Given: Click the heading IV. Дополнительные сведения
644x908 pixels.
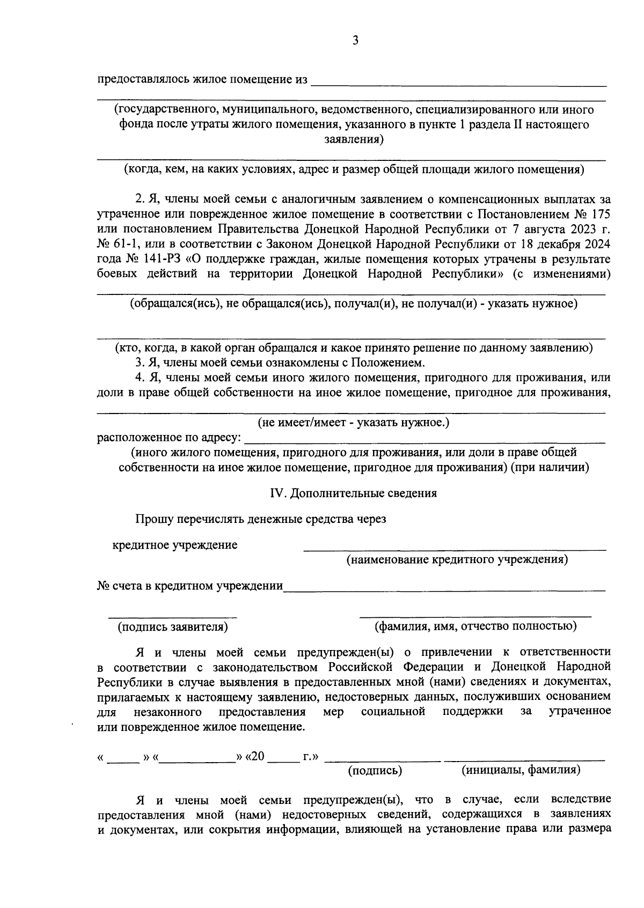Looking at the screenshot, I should tap(353, 493).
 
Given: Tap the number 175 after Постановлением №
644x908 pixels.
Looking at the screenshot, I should tap(599, 214).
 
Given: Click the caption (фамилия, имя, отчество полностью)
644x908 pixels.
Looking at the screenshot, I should tap(475, 626).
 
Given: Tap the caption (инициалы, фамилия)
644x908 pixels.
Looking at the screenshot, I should tap(521, 770).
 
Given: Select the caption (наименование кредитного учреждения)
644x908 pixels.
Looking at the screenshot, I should tap(457, 560).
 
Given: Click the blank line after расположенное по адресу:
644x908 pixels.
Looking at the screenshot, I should tap(424, 441).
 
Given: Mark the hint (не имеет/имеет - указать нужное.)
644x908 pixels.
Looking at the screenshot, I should tap(353, 423).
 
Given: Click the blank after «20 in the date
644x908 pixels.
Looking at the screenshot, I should tap(283, 759).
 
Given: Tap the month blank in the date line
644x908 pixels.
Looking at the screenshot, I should tap(197, 759).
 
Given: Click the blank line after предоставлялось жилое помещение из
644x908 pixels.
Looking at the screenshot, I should tap(459, 83).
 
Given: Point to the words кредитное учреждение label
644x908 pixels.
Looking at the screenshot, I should tap(175, 545).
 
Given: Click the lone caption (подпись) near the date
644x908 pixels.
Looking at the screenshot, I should tap(375, 771).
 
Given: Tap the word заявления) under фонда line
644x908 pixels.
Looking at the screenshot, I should tap(354, 140).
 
